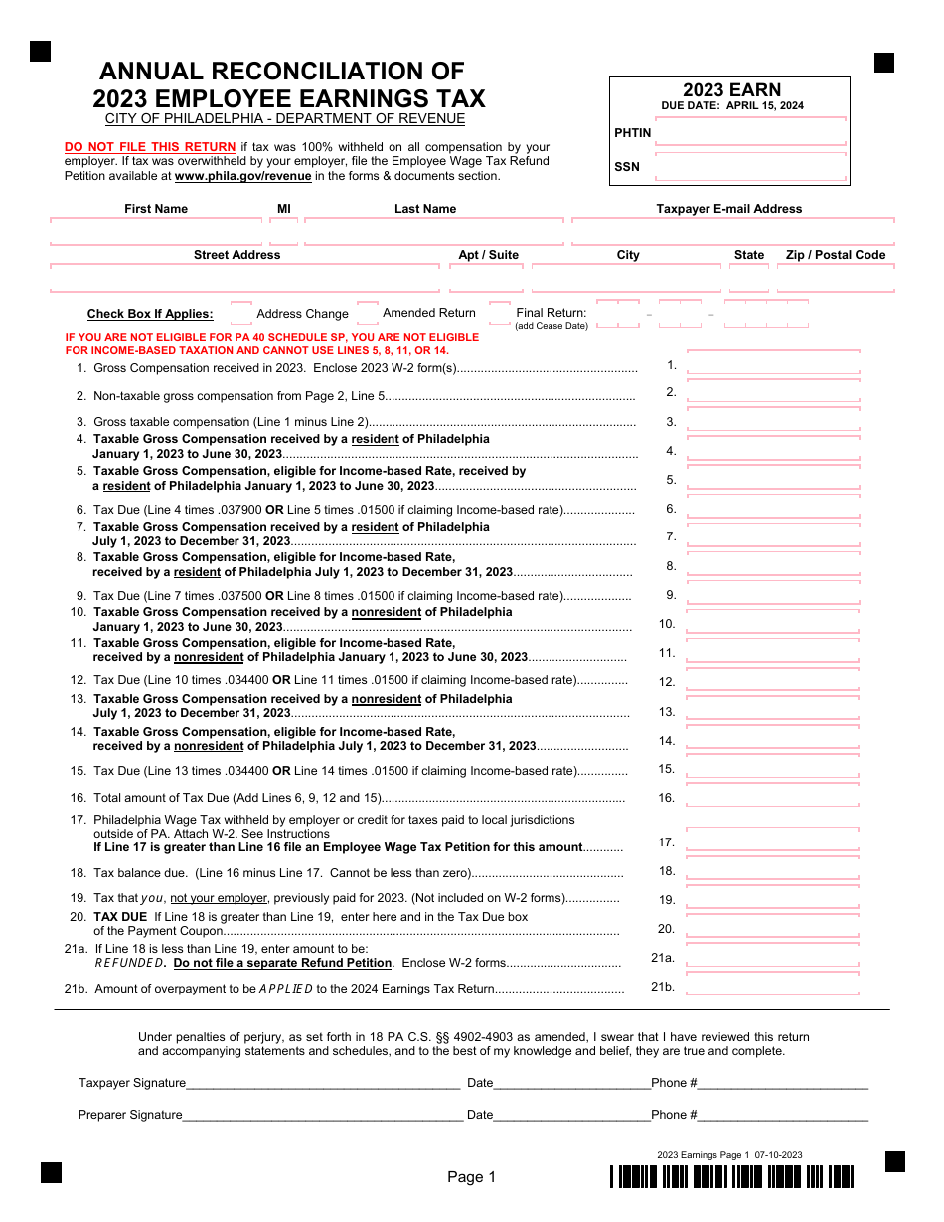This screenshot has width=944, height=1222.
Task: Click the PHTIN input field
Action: (x=750, y=132)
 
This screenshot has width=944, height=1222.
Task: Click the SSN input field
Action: (x=750, y=167)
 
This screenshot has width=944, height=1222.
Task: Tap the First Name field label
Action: (x=156, y=209)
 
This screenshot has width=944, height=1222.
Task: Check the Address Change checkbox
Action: (x=241, y=314)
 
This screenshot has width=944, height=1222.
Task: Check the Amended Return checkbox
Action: (x=367, y=313)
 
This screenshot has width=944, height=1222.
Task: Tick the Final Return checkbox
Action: (x=500, y=313)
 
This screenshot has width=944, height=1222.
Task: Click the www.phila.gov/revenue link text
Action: (x=243, y=176)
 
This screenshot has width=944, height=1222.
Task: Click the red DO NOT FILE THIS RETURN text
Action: (x=150, y=147)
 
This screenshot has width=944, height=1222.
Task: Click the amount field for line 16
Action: (x=773, y=797)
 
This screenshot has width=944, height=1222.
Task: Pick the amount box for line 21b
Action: (x=773, y=986)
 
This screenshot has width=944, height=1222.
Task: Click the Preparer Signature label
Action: (x=130, y=1115)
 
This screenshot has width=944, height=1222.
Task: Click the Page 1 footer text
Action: (x=471, y=1177)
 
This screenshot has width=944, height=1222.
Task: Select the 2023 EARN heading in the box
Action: (x=731, y=90)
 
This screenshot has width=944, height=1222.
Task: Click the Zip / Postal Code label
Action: (x=835, y=255)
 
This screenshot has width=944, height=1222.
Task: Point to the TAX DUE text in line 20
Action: (x=120, y=916)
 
